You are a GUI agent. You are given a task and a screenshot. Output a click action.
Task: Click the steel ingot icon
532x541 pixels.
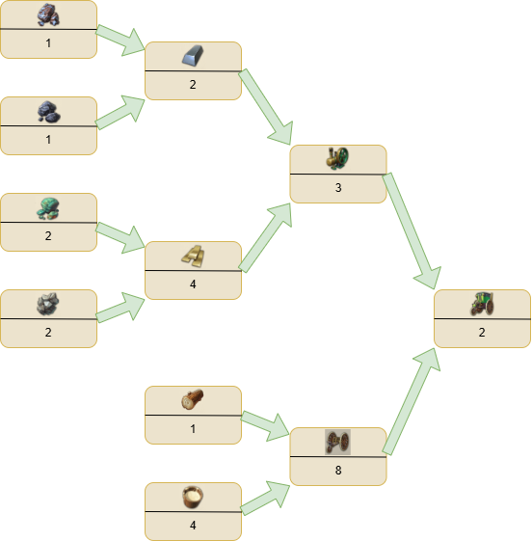(x=193, y=56)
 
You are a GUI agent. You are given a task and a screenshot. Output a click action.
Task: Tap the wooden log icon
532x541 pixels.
(x=193, y=399)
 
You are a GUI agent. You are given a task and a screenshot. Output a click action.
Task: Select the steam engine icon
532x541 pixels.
(x=337, y=158)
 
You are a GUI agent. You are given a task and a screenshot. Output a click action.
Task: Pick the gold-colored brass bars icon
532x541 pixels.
(x=193, y=256)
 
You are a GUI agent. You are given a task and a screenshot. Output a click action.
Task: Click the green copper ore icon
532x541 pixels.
(x=48, y=208)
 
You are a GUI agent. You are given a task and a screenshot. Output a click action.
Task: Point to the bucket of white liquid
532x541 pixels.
(x=193, y=497)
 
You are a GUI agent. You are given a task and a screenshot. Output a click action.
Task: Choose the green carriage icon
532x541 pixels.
(x=482, y=304)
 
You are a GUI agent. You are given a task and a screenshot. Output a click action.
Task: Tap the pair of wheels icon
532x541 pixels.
(x=337, y=442)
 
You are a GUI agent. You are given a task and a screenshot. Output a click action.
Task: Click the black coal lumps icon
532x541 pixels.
(x=48, y=112)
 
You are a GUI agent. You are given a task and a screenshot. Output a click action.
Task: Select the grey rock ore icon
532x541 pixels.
(x=48, y=304)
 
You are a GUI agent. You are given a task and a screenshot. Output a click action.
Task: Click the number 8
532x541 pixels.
(x=338, y=470)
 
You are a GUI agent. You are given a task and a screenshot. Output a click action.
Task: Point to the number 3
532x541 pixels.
(x=338, y=187)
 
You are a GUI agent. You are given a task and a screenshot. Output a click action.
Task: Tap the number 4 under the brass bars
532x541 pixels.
(x=193, y=284)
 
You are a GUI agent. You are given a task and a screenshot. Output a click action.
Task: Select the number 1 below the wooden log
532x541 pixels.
(x=193, y=429)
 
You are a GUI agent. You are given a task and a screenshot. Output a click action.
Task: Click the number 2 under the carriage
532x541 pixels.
(x=482, y=333)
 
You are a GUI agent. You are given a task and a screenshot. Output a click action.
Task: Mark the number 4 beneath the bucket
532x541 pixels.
(x=193, y=526)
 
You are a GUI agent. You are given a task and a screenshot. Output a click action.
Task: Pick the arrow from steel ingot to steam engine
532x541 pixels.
(x=265, y=107)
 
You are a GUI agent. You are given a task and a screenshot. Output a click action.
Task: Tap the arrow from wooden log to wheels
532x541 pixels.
(x=265, y=426)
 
